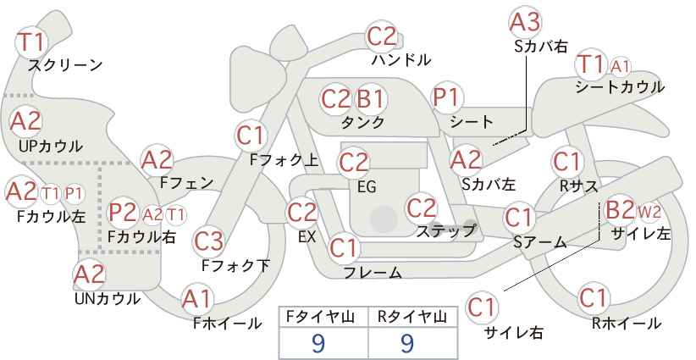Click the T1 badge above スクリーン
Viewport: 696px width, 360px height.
[31, 42]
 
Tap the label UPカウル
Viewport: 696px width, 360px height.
[51, 146]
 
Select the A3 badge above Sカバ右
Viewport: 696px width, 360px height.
[525, 22]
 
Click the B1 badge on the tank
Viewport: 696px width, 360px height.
[371, 99]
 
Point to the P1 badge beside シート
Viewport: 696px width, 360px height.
[447, 97]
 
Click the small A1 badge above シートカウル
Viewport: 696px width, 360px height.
[620, 67]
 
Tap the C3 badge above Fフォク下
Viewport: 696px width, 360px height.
[208, 241]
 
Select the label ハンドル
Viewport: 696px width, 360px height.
[401, 60]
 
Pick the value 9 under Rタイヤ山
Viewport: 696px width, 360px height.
[407, 343]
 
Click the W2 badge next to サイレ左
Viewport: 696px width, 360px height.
[649, 212]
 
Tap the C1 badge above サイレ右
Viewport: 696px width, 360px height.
[481, 307]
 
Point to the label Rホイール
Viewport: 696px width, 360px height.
[627, 324]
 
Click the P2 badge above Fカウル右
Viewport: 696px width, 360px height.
[123, 213]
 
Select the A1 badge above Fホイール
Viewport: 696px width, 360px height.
[197, 299]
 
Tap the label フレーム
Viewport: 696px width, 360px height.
[373, 273]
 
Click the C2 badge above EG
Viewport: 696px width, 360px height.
[353, 163]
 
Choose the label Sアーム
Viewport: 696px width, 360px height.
[539, 242]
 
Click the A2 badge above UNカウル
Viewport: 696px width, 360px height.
[89, 274]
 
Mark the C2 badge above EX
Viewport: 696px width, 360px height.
[302, 213]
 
